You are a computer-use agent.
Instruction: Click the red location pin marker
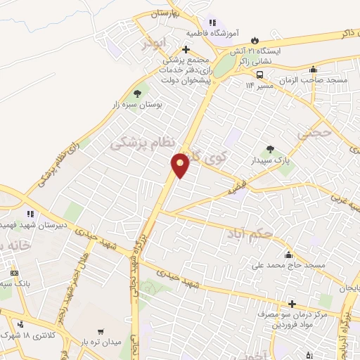click(181, 165)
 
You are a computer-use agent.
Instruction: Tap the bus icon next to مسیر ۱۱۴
click(259, 75)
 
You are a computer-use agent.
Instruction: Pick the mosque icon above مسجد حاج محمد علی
click(288, 255)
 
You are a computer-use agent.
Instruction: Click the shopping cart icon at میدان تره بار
click(101, 330)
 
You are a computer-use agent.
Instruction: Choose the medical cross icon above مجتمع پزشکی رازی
click(186, 49)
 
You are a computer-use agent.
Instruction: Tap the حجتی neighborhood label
click(314, 131)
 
